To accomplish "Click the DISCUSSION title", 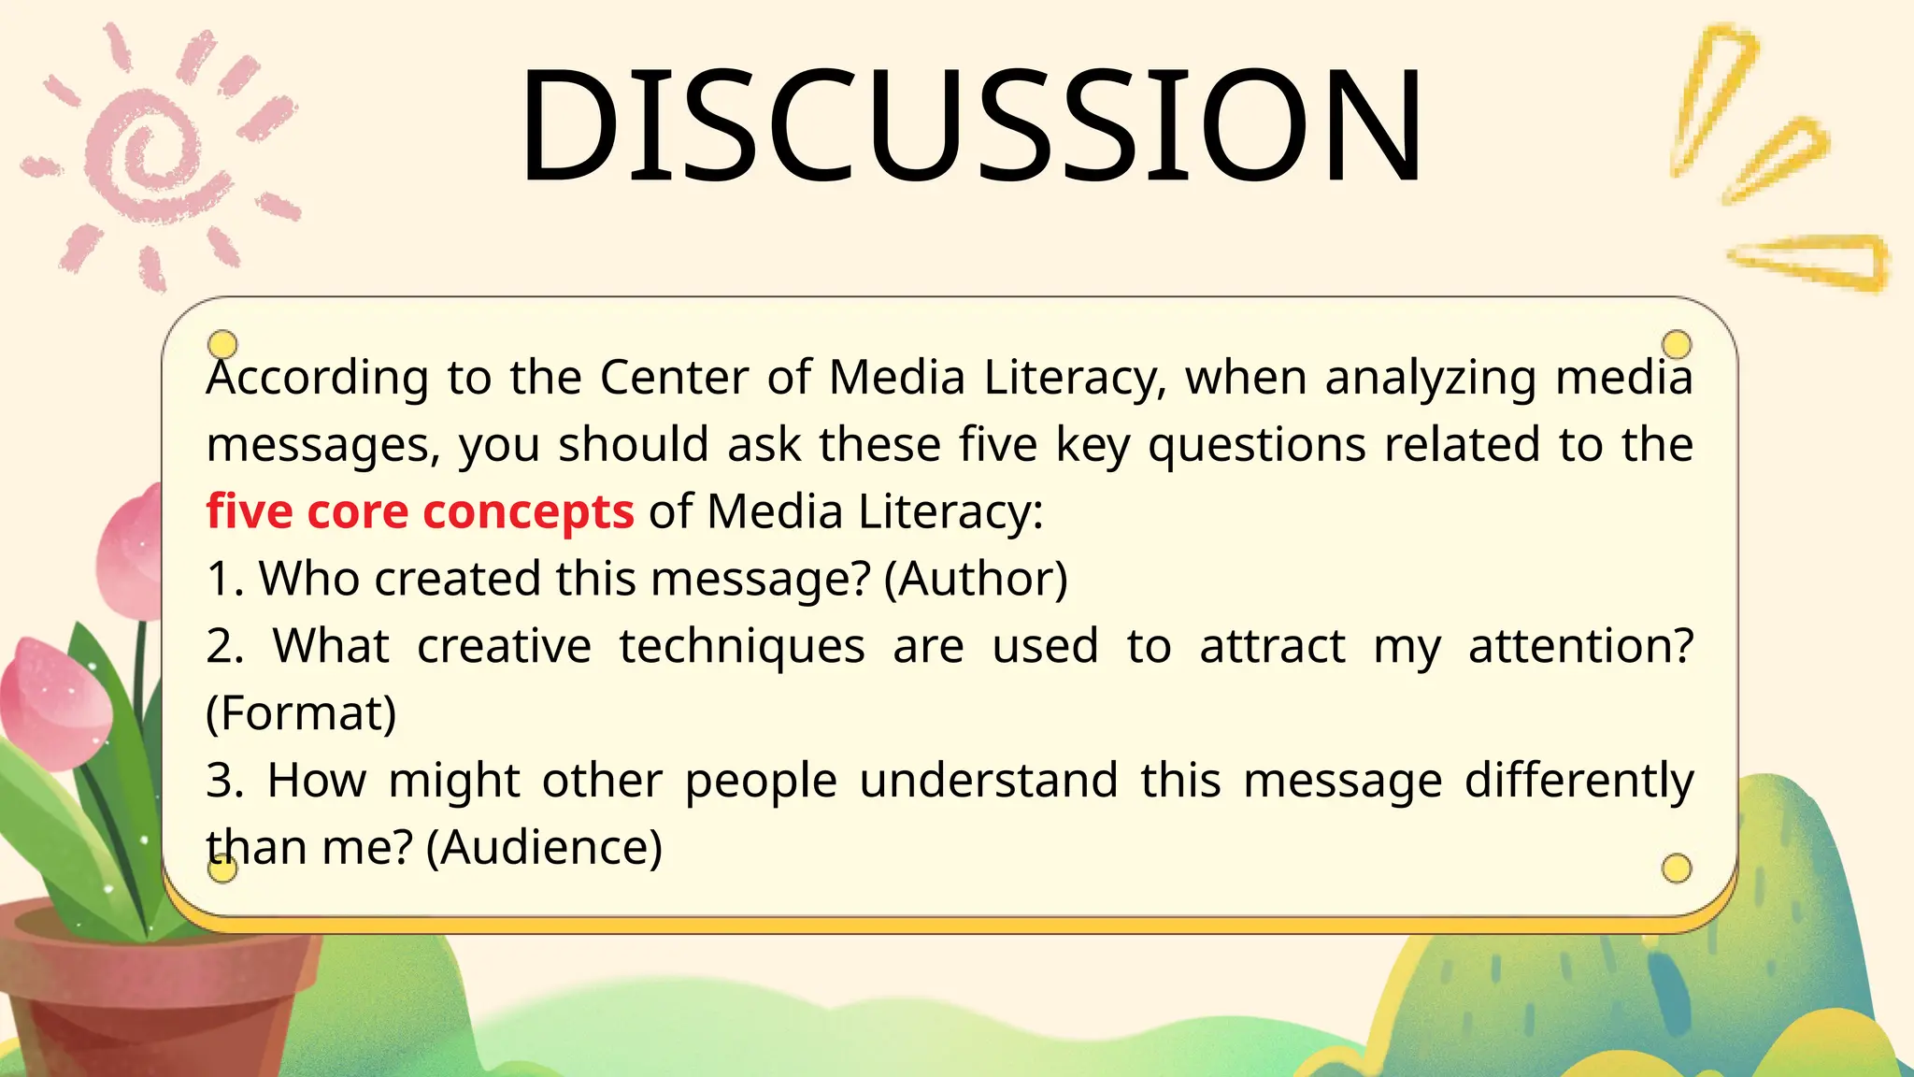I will pos(970,123).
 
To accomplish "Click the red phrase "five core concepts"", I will pos(420,511).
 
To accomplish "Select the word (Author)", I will pos(976,579).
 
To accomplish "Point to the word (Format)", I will pos(301,713).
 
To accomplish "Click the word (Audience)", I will pos(544,847).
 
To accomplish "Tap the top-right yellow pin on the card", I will pos(1677,344).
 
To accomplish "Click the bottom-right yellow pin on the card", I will pos(1677,869).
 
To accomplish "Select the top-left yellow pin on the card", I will pos(222,344).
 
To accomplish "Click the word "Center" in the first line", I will pos(674,378).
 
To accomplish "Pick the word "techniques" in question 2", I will pos(742,646).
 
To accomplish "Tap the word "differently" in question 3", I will pos(1578,781).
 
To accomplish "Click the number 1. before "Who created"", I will pos(225,579).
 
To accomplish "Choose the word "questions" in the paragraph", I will pos(1257,445).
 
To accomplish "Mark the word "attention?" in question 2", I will pos(1580,646).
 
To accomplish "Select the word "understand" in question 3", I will pos(988,781).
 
